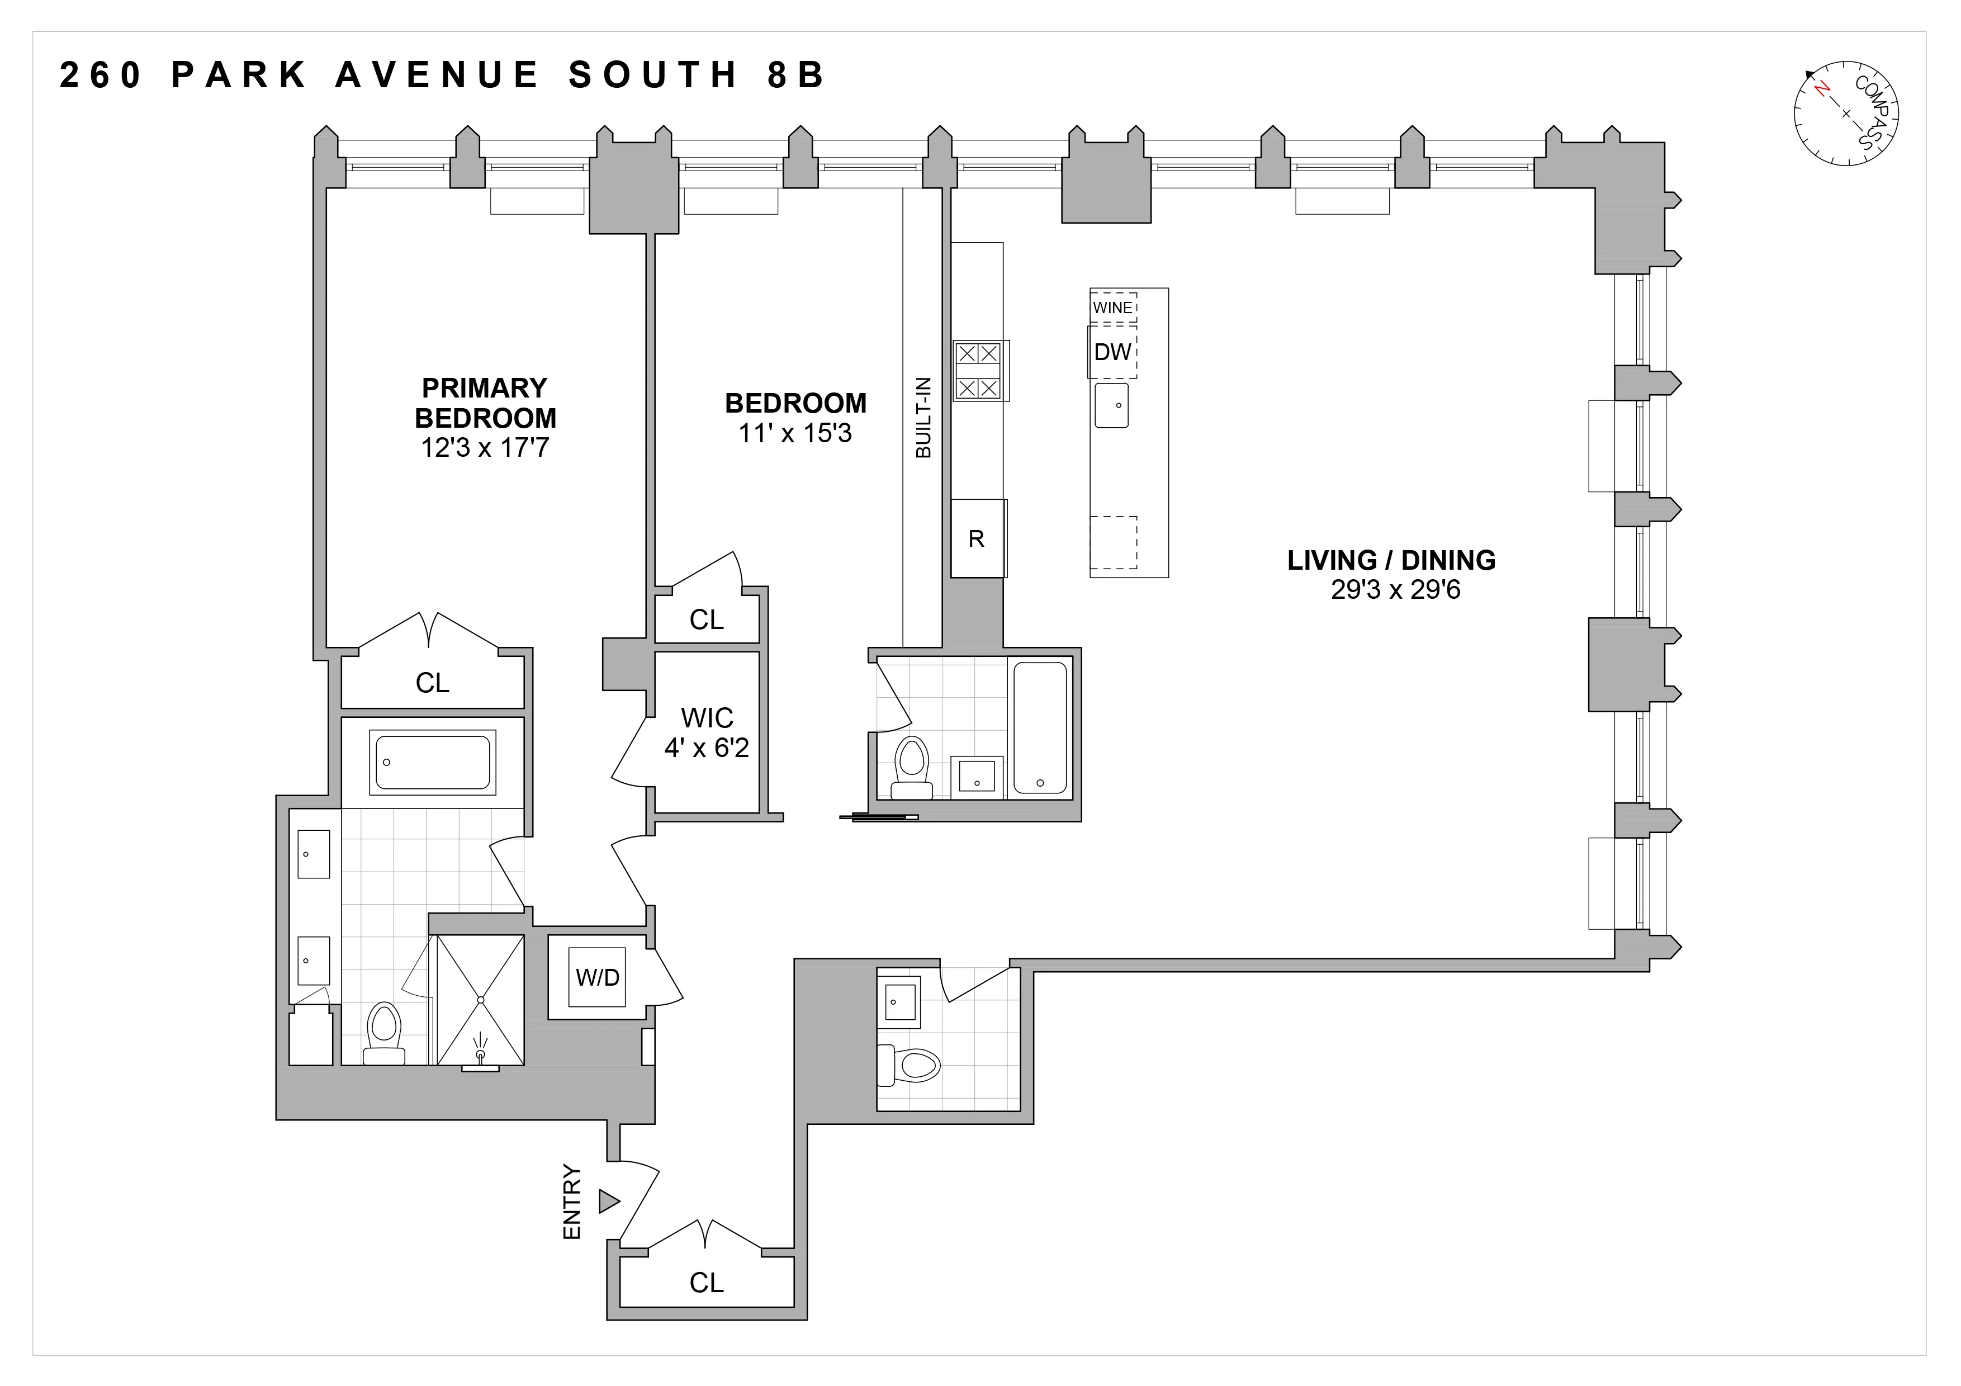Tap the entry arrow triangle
608,1201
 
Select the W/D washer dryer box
597,977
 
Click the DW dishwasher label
1112,352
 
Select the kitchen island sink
1112,405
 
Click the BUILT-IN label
923,418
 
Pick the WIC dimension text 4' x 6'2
707,748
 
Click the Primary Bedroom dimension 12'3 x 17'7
484,447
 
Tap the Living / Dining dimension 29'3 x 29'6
1396,590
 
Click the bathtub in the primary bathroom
433,761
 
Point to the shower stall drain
481,999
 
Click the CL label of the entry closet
707,1282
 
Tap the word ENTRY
571,1203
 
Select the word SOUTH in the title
653,75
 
